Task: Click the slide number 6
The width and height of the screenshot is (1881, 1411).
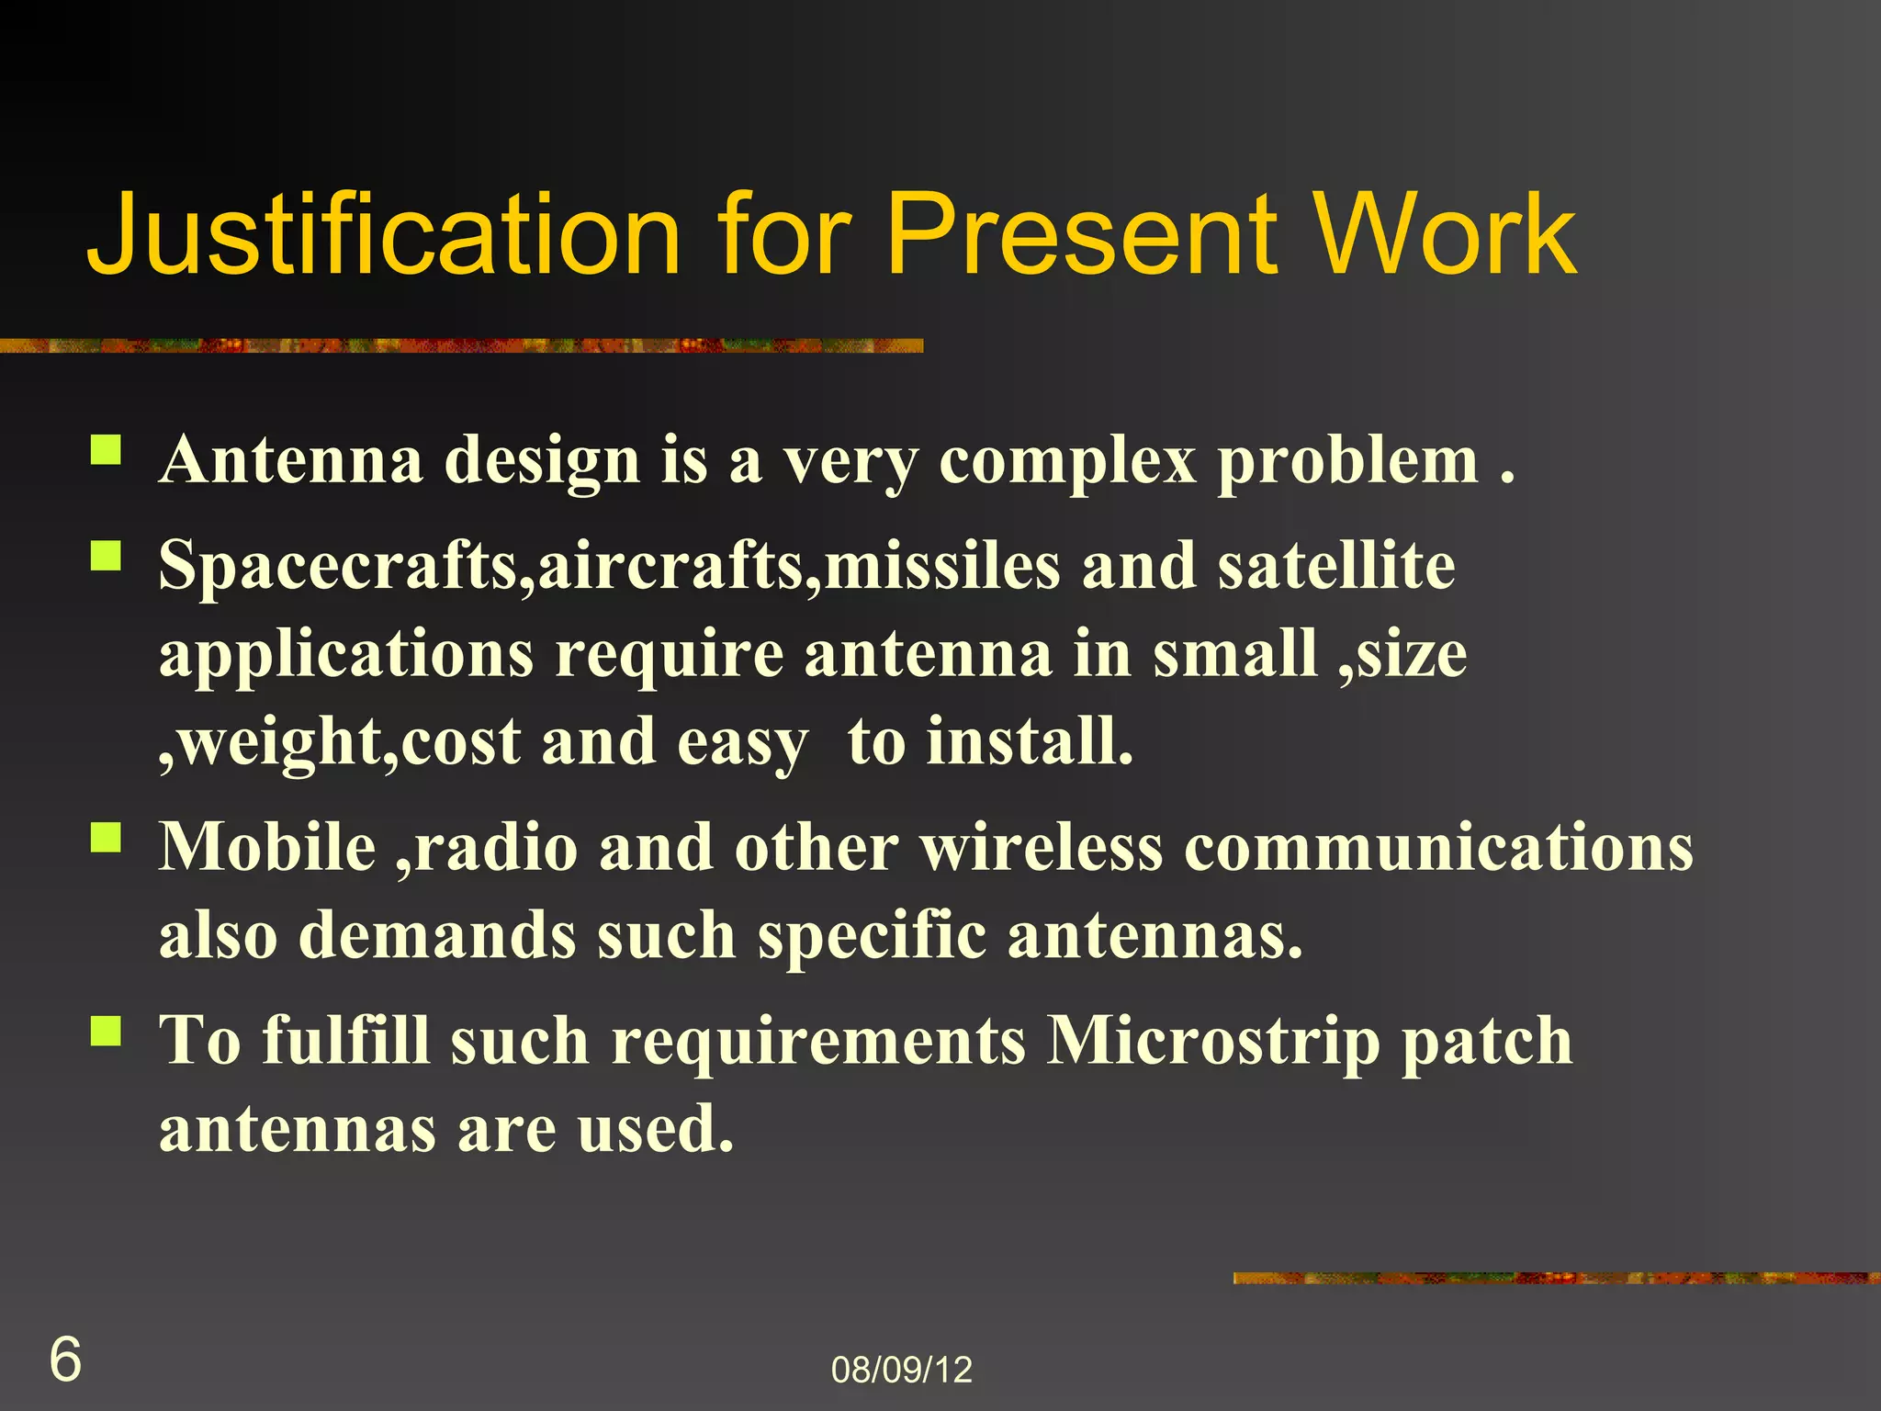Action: point(64,1360)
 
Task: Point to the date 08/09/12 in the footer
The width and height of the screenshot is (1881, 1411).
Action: point(901,1370)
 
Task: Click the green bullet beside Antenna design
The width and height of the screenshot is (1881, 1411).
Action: point(107,450)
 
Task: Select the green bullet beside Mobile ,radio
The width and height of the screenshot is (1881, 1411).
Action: point(107,837)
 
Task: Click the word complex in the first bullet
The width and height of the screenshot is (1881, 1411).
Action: point(1067,462)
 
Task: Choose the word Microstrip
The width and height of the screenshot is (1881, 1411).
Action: point(1213,1042)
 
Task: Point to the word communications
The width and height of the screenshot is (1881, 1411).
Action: point(1438,847)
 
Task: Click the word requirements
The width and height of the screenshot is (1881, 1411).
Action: point(818,1044)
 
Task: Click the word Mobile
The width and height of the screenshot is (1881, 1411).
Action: point(267,847)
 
